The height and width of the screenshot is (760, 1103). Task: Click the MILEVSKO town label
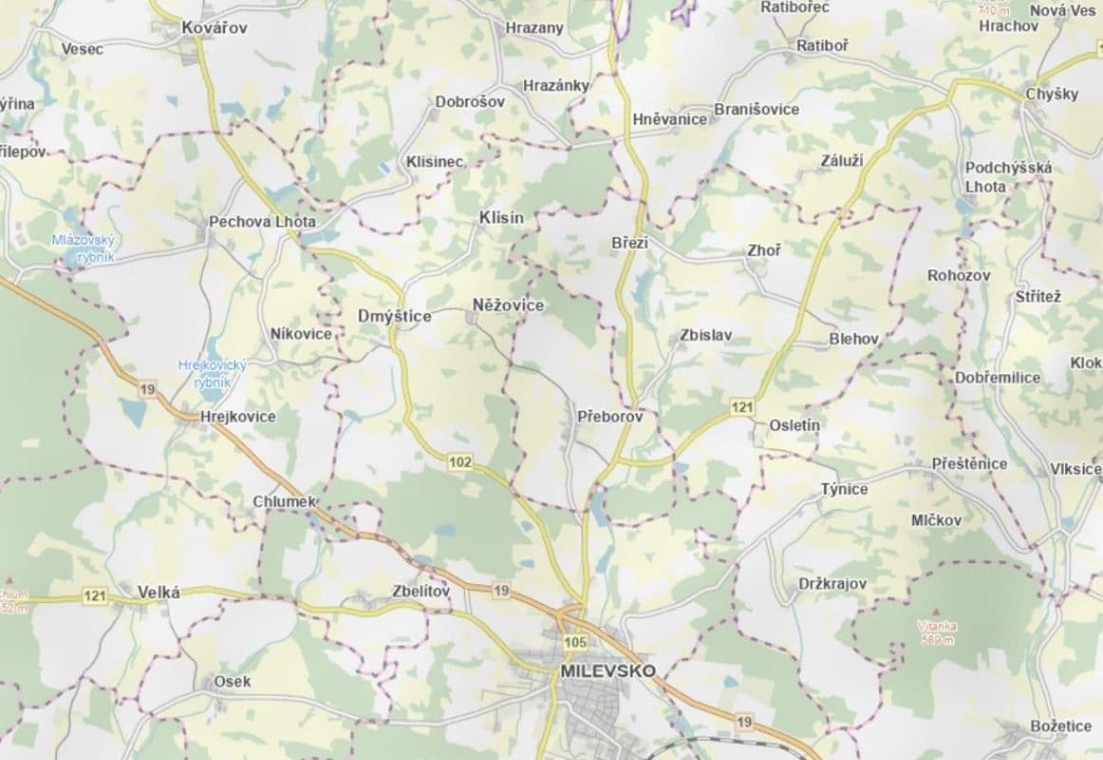(x=608, y=671)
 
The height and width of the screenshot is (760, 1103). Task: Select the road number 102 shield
(x=460, y=462)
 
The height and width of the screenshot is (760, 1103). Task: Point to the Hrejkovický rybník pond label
(x=213, y=372)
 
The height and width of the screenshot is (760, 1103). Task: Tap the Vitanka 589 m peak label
(x=937, y=632)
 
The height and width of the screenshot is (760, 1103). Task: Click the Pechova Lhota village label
(x=262, y=221)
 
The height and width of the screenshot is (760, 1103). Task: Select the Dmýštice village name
(x=394, y=315)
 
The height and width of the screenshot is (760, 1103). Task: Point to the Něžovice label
(x=508, y=305)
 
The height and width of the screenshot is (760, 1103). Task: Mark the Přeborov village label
(x=610, y=416)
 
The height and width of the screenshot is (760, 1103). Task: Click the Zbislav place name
(x=706, y=336)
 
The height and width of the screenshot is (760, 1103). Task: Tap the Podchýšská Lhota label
(x=1008, y=177)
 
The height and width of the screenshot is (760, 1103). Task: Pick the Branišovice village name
(x=757, y=109)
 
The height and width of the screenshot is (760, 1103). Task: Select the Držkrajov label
(x=832, y=583)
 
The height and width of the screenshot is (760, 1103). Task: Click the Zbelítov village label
(x=420, y=591)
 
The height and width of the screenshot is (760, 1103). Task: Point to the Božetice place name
(x=1061, y=727)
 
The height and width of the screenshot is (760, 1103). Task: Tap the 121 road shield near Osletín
(x=742, y=408)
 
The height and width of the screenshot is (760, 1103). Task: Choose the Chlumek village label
(x=284, y=501)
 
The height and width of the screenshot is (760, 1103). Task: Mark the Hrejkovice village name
(x=238, y=416)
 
